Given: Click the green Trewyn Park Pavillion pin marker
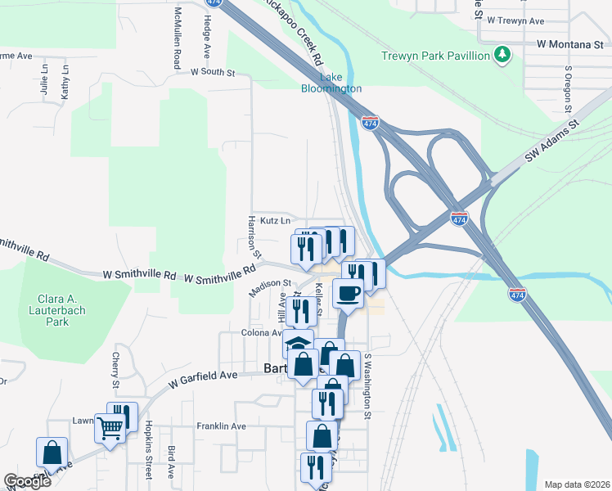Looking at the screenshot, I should [x=502, y=56].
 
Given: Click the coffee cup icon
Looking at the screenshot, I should [x=349, y=294].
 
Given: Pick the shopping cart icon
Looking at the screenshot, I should [x=110, y=426].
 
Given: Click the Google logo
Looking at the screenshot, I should [x=28, y=481].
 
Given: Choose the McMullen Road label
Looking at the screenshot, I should [x=177, y=38].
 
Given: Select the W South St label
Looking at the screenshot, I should [x=212, y=72].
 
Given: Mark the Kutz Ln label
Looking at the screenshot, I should [x=275, y=220].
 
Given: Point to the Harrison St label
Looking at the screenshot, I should [x=253, y=237].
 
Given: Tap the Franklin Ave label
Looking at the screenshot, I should [x=221, y=426].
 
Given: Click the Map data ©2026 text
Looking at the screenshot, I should [x=576, y=484].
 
